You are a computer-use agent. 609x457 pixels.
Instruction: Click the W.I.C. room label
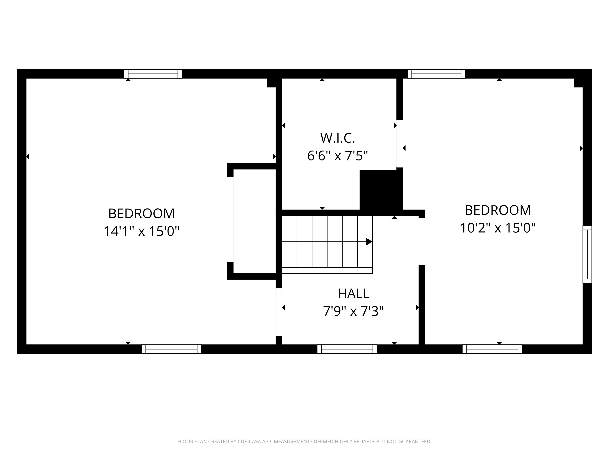338,138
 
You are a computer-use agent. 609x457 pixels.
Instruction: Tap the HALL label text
353,294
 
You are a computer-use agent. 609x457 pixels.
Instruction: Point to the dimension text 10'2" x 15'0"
498,228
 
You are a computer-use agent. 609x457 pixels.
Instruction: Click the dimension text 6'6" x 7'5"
338,156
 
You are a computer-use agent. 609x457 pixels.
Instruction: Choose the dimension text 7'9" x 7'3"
353,312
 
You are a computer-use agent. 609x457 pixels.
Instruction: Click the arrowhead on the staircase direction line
369,242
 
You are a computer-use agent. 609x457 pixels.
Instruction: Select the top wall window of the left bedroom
153,74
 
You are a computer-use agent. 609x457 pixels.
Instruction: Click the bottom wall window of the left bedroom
171,349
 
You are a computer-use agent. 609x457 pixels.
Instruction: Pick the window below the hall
347,349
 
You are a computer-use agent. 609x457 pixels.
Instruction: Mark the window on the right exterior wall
587,254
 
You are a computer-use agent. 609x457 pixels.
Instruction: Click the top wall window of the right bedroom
436,74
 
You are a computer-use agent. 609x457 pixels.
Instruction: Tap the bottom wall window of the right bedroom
492,349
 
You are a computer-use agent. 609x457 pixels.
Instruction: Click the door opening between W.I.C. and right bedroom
399,144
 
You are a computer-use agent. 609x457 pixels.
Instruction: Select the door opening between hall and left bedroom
279,312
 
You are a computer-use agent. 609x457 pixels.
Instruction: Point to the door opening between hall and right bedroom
422,242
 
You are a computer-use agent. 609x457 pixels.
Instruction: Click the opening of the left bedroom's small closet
230,219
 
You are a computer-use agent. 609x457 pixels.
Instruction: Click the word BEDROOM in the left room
142,213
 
